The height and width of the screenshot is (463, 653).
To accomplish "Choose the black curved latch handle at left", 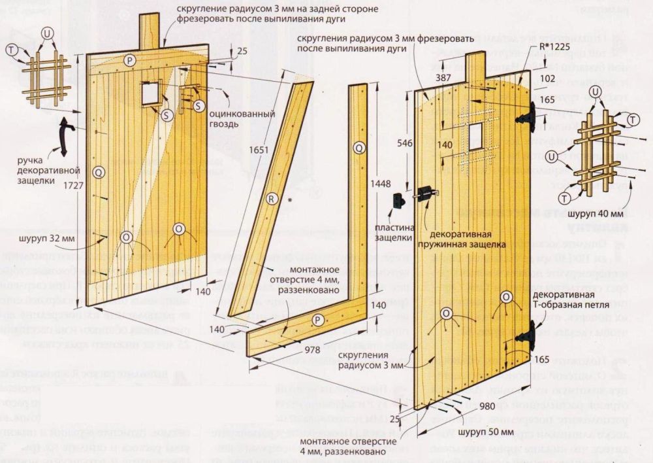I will [64, 137].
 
